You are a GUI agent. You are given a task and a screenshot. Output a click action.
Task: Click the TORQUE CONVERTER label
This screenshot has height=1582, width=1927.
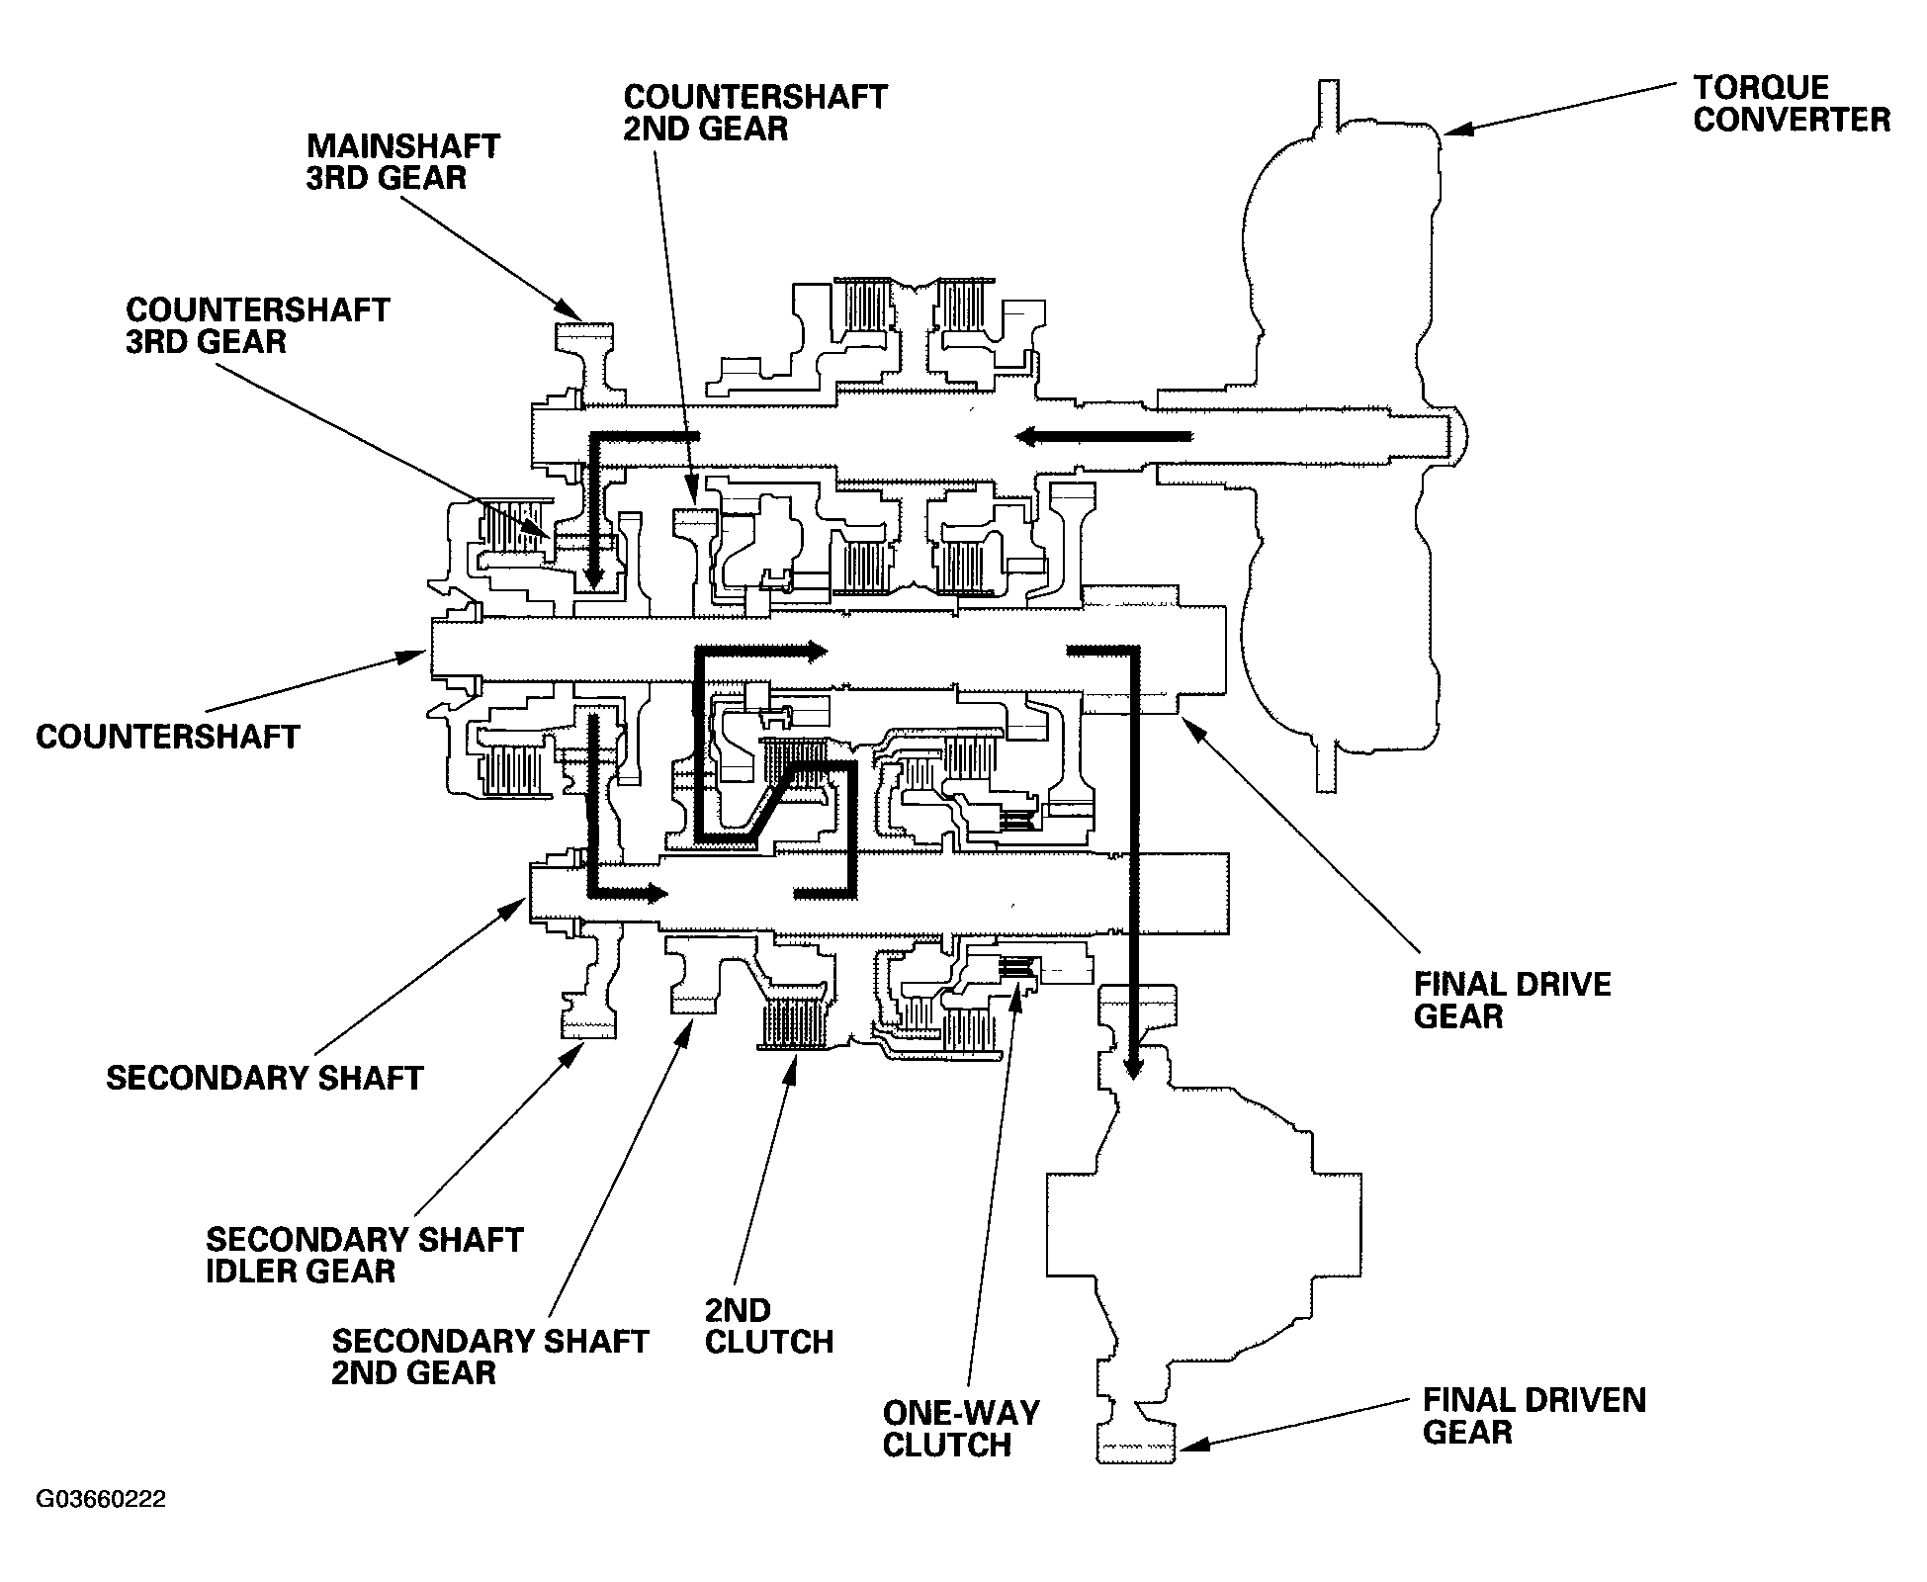coord(1791,104)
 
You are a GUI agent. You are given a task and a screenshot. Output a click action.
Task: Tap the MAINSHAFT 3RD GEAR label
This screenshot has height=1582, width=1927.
coord(403,161)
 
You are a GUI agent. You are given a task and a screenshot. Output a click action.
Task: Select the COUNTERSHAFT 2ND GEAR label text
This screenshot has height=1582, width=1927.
coord(755,113)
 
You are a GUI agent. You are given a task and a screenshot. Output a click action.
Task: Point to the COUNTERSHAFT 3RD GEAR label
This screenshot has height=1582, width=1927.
coord(258,325)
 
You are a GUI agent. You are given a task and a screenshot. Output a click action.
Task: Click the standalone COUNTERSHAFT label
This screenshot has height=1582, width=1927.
coord(168,737)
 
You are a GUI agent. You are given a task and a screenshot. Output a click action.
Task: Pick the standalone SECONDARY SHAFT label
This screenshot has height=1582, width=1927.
coord(265,1078)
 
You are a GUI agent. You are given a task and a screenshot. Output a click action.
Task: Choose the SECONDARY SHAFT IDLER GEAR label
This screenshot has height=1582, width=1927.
coord(364,1255)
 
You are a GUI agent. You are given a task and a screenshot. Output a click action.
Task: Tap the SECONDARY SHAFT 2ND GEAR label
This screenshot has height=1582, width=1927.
coord(489,1357)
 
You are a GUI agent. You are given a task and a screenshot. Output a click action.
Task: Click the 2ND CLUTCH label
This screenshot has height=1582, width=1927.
coord(769,1326)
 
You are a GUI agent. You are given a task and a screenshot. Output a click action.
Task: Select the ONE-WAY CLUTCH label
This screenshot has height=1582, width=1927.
coord(961,1429)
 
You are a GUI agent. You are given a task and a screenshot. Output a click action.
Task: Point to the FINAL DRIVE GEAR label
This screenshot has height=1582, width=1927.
coord(1513,1000)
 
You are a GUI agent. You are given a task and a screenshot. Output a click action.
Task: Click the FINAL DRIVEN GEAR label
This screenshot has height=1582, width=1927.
coord(1534,1416)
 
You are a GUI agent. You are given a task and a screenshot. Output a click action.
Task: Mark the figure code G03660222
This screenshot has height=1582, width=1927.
coord(101,1500)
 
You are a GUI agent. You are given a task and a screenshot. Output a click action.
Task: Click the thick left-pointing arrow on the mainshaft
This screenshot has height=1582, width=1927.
coord(1101,435)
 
